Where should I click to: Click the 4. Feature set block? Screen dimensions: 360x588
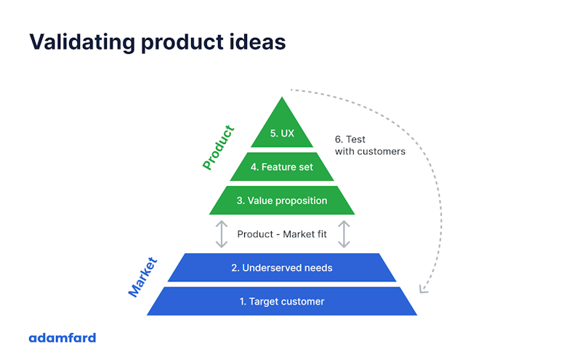coord(281,167)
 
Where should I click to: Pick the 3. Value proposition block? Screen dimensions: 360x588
coord(281,200)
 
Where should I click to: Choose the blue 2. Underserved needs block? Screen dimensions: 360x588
coord(281,268)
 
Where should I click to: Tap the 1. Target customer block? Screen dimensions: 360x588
coord(281,301)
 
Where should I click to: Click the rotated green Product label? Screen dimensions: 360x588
coord(218,148)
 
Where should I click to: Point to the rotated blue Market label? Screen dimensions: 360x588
coord(142,277)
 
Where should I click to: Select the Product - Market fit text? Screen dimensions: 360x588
coord(281,234)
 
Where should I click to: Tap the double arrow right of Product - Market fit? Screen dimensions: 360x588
coord(344,234)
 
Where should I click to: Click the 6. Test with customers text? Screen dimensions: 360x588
coord(369,145)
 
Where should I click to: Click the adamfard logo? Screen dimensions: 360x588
coord(62,337)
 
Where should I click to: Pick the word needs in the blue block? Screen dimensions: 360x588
coord(318,268)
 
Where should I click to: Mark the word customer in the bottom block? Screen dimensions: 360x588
coord(303,301)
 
